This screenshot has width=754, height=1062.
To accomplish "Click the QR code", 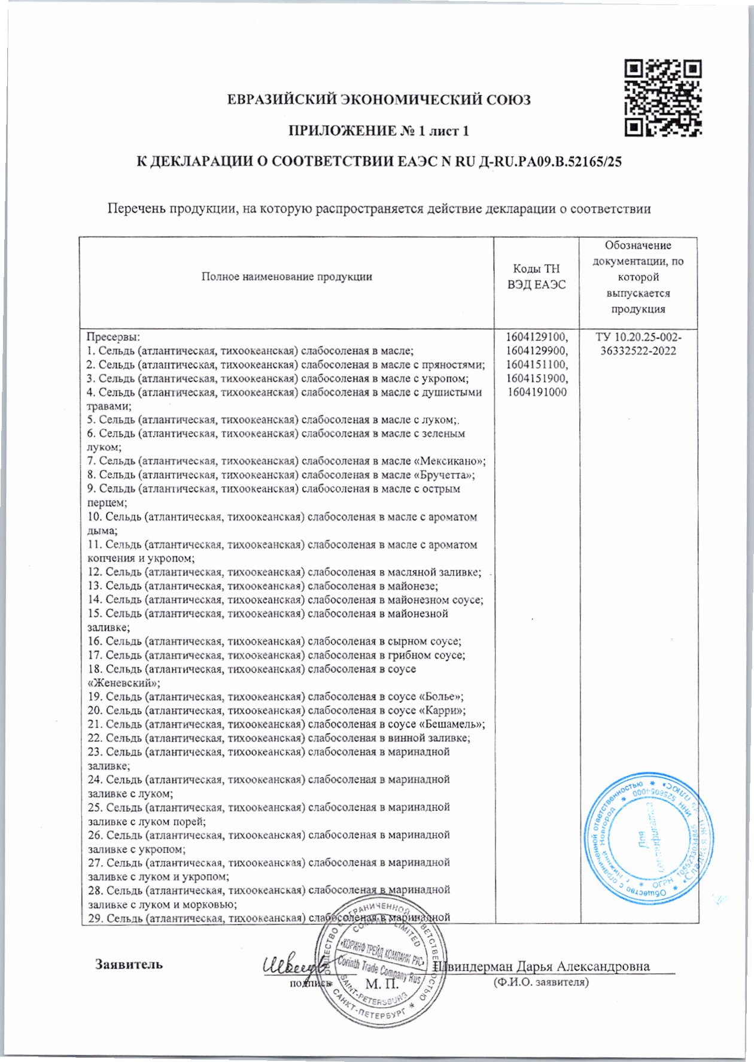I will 662,98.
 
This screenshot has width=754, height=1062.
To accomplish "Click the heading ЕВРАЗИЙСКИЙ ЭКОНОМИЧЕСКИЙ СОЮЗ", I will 379,100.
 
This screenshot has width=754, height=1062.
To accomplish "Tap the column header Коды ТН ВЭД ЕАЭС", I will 536,277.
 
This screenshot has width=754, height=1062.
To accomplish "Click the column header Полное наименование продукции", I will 287,277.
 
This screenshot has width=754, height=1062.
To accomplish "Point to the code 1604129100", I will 537,337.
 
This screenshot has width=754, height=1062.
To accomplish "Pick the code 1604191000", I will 537,393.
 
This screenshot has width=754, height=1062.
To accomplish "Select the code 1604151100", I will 537,365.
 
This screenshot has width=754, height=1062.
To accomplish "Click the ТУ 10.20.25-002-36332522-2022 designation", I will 638,344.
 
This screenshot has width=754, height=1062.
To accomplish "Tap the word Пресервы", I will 113,337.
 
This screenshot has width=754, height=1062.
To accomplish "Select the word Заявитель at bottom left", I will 129,964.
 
